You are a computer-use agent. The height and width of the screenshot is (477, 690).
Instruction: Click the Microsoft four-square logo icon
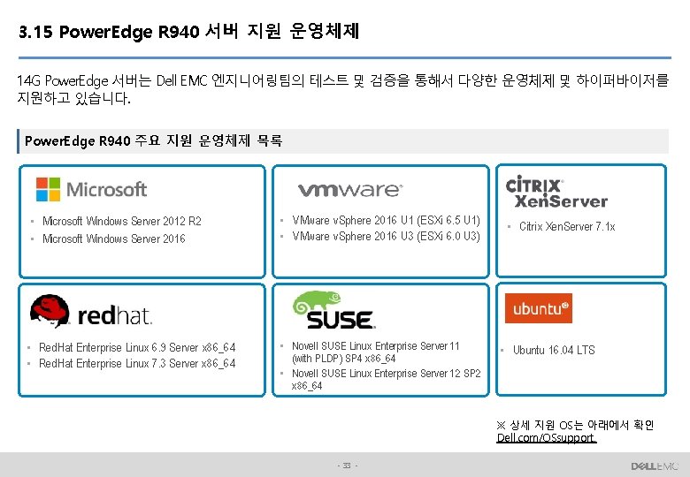tap(48, 189)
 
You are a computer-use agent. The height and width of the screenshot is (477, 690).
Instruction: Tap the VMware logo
tap(350, 190)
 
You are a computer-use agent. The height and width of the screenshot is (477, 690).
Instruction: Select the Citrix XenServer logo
tap(556, 191)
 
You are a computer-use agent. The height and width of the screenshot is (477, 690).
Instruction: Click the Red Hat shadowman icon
tap(50, 311)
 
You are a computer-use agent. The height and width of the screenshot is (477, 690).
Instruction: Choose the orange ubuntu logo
tap(538, 308)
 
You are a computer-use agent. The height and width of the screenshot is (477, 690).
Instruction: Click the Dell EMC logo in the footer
tap(655, 466)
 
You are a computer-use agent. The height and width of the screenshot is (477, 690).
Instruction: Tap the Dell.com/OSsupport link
tap(546, 437)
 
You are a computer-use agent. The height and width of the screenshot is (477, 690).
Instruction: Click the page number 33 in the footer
tap(346, 466)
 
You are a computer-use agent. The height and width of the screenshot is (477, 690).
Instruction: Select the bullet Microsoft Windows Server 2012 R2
tap(121, 222)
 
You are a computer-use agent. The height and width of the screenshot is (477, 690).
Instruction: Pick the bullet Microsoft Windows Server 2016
tap(113, 239)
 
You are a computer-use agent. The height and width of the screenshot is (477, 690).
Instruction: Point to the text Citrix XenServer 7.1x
tap(567, 227)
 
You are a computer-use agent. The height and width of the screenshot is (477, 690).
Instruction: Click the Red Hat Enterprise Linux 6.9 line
tap(137, 347)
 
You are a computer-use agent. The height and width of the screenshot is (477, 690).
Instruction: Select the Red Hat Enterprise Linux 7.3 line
tap(137, 363)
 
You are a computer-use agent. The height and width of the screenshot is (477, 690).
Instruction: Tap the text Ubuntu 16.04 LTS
tap(554, 351)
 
